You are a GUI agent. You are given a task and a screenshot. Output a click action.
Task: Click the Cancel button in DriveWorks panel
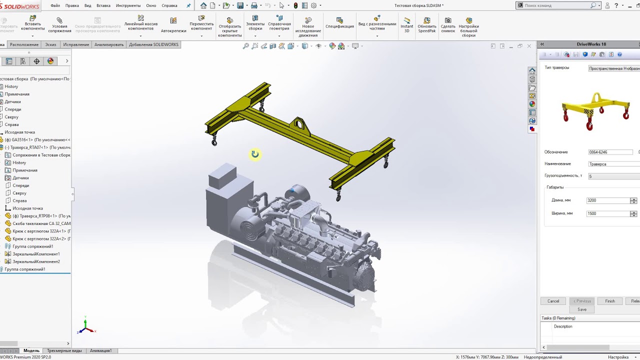(x=553, y=301)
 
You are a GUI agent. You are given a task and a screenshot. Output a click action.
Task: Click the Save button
(x=581, y=309)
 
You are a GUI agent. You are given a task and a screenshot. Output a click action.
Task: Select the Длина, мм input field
(x=608, y=200)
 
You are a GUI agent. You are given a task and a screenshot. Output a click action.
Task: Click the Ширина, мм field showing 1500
(x=608, y=213)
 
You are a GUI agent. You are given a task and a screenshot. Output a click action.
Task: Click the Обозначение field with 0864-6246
(x=610, y=152)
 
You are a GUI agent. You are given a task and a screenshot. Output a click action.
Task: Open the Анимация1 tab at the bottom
(x=100, y=350)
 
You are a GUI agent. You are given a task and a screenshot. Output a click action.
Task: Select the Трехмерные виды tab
(x=64, y=350)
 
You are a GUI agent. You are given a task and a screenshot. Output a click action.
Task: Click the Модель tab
(x=31, y=350)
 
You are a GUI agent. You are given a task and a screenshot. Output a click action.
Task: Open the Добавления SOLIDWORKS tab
(x=153, y=44)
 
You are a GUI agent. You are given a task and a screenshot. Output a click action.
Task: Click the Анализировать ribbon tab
(x=109, y=44)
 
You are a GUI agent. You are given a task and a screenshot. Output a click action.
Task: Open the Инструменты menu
(x=128, y=5)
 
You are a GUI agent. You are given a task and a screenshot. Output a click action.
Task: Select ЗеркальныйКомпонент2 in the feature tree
(x=36, y=261)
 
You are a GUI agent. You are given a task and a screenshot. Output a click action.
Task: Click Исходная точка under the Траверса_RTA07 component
(x=27, y=208)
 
